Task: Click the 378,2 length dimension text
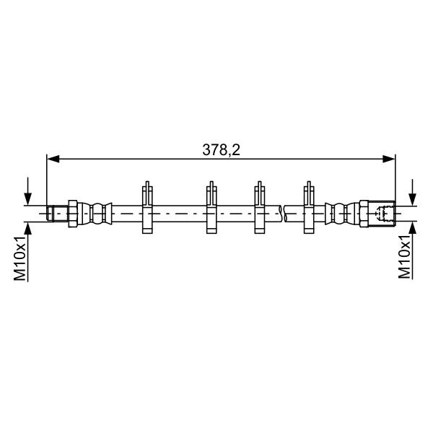(x=222, y=150)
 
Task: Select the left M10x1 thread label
(x=20, y=258)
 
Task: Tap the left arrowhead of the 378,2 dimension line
(x=53, y=159)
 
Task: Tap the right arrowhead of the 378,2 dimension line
(x=389, y=159)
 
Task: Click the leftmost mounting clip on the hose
(x=147, y=208)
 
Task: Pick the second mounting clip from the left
(x=211, y=208)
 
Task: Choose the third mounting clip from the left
(x=259, y=208)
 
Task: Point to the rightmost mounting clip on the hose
(x=309, y=208)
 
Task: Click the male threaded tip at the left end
(x=57, y=214)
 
